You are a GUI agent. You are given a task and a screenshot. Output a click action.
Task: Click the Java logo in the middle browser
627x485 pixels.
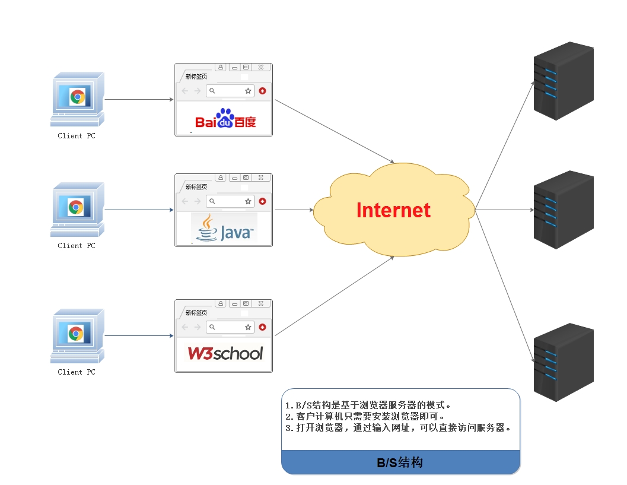224,229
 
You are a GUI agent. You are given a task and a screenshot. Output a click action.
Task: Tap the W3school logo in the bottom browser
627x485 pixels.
225,354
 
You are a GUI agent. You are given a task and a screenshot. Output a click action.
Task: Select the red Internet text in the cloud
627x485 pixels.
393,210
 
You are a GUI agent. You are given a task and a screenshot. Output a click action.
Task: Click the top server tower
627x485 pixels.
563,81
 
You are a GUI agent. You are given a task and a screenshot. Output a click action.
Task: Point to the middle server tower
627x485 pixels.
563,210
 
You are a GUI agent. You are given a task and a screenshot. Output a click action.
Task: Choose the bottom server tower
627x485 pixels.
563,362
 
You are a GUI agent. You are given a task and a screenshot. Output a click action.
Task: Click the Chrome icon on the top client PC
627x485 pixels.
77,97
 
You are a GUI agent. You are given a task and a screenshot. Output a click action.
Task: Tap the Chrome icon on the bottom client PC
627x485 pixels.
75,334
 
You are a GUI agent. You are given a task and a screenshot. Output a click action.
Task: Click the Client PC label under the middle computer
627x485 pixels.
76,246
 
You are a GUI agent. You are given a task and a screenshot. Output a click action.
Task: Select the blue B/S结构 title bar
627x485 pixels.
400,462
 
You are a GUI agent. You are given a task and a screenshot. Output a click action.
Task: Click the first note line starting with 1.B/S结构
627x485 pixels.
368,405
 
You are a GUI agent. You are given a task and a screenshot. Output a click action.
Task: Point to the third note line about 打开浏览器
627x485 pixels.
398,427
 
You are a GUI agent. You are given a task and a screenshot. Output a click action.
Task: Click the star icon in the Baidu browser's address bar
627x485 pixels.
248,91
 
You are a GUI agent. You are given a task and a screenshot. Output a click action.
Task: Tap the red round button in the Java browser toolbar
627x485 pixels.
262,201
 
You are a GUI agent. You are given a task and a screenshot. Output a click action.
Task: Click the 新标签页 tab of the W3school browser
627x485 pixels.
196,312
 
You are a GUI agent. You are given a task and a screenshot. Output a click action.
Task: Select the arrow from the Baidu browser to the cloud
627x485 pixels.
335,132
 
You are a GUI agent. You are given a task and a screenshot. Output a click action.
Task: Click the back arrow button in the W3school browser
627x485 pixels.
184,327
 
